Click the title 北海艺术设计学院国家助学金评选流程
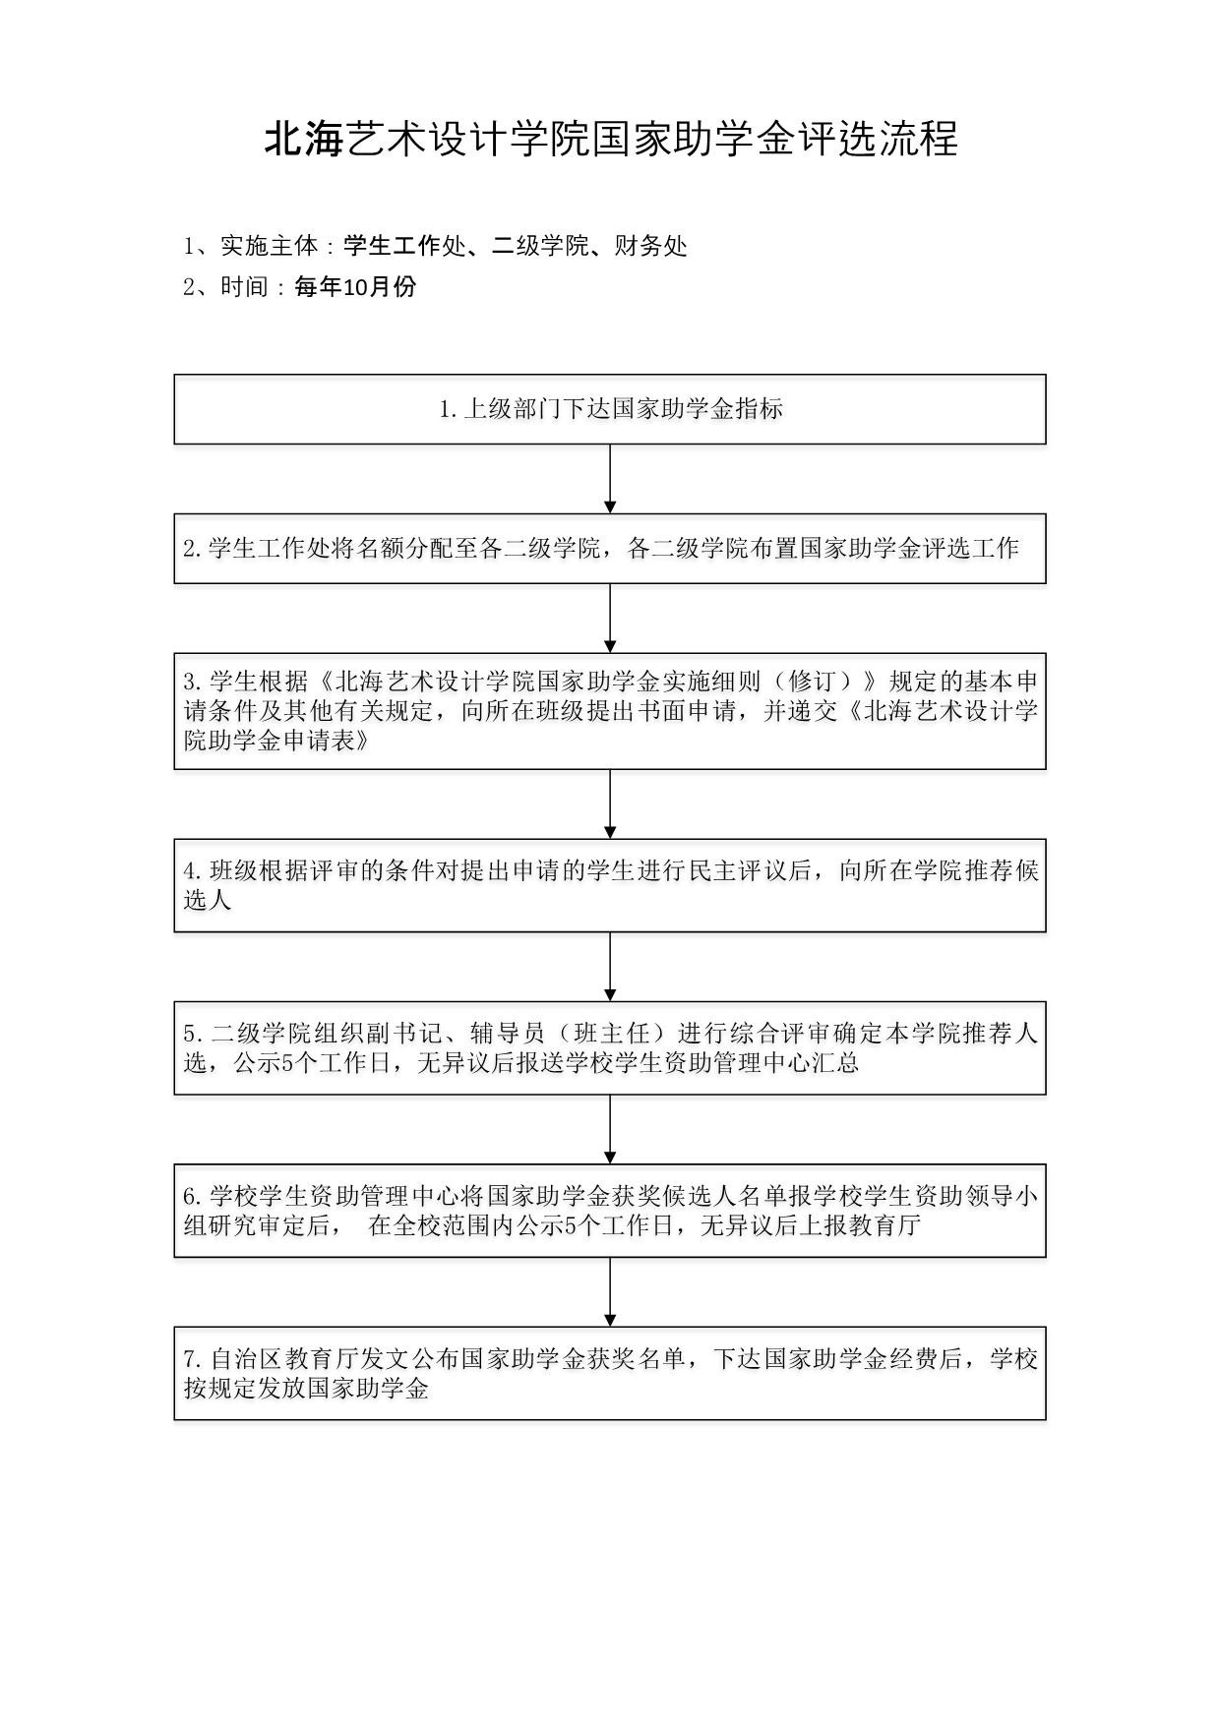click(610, 140)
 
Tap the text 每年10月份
click(355, 287)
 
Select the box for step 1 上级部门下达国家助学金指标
click(610, 409)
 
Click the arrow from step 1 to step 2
click(610, 479)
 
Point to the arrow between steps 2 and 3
click(610, 619)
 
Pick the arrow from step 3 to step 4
click(610, 804)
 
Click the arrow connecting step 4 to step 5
click(610, 967)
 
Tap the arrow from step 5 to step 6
click(610, 1129)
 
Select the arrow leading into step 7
click(610, 1292)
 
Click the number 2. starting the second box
click(192, 549)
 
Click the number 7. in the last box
click(192, 1360)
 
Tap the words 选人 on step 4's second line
click(208, 900)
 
